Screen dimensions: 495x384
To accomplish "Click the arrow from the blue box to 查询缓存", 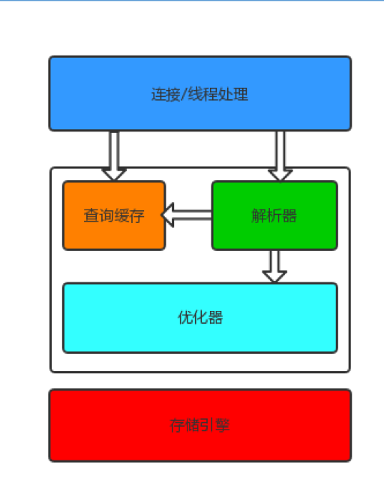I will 114,156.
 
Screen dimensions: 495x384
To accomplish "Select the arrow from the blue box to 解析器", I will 280,156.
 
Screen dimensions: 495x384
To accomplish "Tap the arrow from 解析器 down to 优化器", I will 275,267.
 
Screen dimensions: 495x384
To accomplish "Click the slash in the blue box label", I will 181,95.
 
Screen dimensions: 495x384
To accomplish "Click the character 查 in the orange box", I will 91,216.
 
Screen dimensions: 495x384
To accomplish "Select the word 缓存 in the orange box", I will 128,216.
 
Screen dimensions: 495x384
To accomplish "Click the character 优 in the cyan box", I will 184,318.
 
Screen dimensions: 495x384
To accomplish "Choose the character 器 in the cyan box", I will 215,318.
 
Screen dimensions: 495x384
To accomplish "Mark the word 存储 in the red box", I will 184,425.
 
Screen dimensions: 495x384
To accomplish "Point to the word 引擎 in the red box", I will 214,425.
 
